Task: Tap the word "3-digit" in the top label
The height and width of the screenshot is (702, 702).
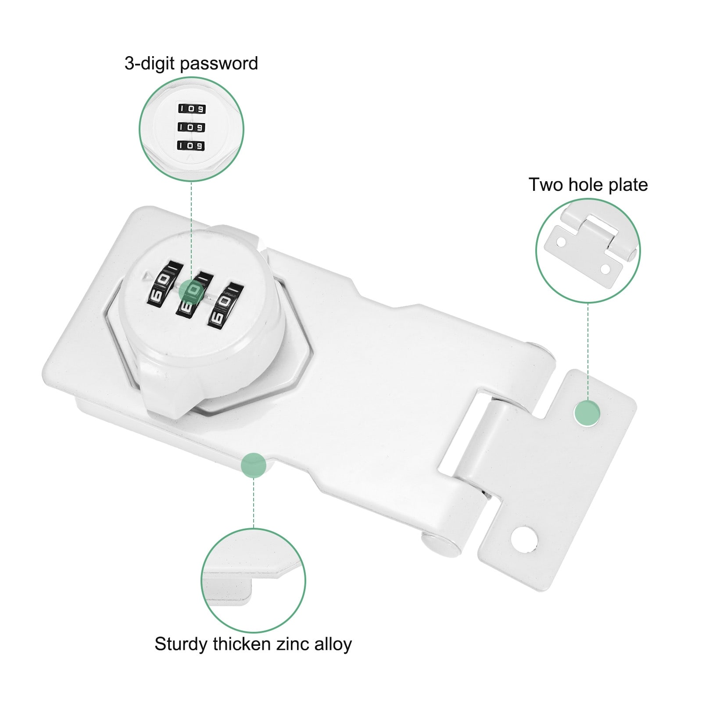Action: click(x=150, y=64)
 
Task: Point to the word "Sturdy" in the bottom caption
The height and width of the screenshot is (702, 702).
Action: click(x=181, y=645)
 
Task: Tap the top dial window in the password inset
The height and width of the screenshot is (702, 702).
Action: click(x=192, y=108)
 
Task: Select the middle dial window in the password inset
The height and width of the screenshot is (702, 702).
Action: click(x=191, y=127)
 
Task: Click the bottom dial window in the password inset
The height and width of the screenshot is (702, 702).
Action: click(x=191, y=145)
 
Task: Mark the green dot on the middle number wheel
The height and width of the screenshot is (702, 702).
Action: click(x=192, y=290)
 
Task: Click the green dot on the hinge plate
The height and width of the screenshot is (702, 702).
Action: click(x=587, y=413)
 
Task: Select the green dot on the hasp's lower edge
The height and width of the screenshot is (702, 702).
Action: click(x=254, y=464)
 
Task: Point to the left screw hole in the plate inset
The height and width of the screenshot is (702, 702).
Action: click(x=561, y=242)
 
